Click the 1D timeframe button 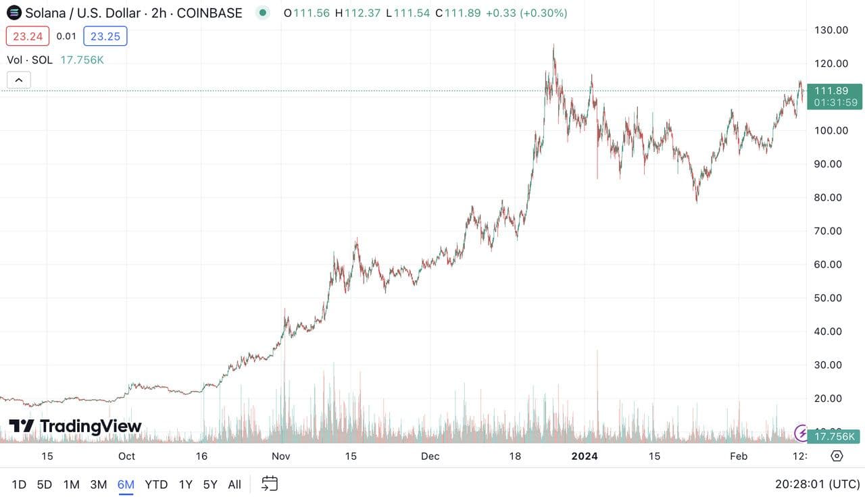19,484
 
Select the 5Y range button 210,484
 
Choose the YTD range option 156,484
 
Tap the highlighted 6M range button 126,484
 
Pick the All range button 234,484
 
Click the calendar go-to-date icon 270,483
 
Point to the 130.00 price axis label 831,30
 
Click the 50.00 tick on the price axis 831,298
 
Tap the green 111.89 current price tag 835,96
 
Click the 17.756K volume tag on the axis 835,437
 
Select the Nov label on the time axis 280,456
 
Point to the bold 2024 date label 585,456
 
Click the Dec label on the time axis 430,456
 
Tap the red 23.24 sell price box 28,36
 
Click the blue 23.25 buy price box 105,36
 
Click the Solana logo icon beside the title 14,13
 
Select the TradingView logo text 75,426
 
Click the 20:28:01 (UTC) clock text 817,484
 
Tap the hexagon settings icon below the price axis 837,456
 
